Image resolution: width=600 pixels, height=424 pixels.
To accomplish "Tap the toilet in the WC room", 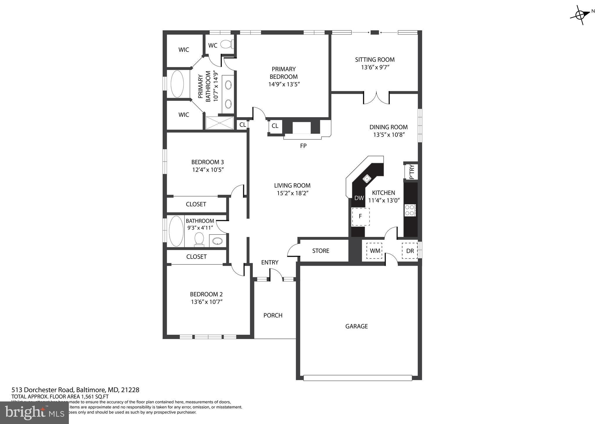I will (x=226, y=44).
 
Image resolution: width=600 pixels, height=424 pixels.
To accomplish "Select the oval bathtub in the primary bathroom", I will (x=177, y=84).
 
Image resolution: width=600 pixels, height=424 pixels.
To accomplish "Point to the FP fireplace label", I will (x=303, y=146).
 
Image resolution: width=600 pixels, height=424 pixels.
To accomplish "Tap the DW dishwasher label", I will (x=359, y=198).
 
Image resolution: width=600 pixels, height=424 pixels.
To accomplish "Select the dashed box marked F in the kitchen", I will (x=361, y=217).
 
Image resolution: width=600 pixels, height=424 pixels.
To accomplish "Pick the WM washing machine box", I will (x=375, y=251).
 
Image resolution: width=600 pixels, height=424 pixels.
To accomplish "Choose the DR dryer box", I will (x=410, y=251).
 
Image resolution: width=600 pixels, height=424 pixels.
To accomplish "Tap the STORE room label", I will (x=321, y=251).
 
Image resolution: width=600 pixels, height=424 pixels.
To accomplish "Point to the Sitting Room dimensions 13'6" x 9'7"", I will (x=375, y=67).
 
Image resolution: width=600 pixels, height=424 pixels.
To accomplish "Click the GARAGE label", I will (x=356, y=326).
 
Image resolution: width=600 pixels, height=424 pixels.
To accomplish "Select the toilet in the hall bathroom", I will (x=199, y=239).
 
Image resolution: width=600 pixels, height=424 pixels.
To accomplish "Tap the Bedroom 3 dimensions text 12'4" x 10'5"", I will (x=208, y=170).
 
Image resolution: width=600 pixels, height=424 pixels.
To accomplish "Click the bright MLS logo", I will (x=35, y=413).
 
